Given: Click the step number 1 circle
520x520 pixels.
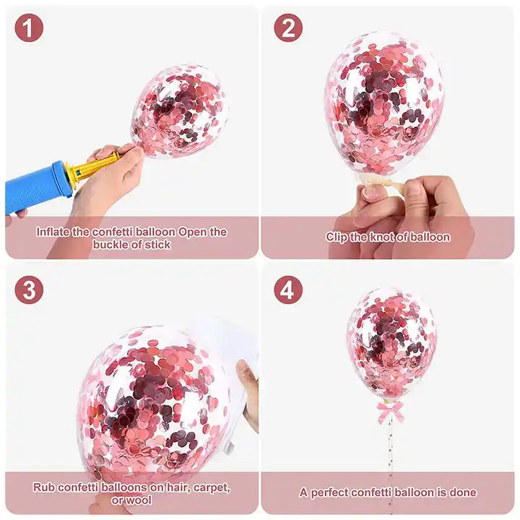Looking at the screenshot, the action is click(x=29, y=28).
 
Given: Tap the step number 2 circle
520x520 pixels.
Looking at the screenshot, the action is click(x=288, y=28).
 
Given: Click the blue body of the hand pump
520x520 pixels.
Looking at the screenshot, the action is click(x=37, y=189).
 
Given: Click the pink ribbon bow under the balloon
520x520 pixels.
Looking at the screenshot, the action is click(x=386, y=411).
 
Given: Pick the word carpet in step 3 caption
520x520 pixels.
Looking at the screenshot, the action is click(x=211, y=487).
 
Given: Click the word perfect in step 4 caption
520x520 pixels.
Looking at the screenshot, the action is click(x=329, y=493).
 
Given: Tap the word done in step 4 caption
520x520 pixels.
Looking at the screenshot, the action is click(x=463, y=493).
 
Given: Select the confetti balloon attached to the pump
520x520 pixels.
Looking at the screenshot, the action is click(x=180, y=112).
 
